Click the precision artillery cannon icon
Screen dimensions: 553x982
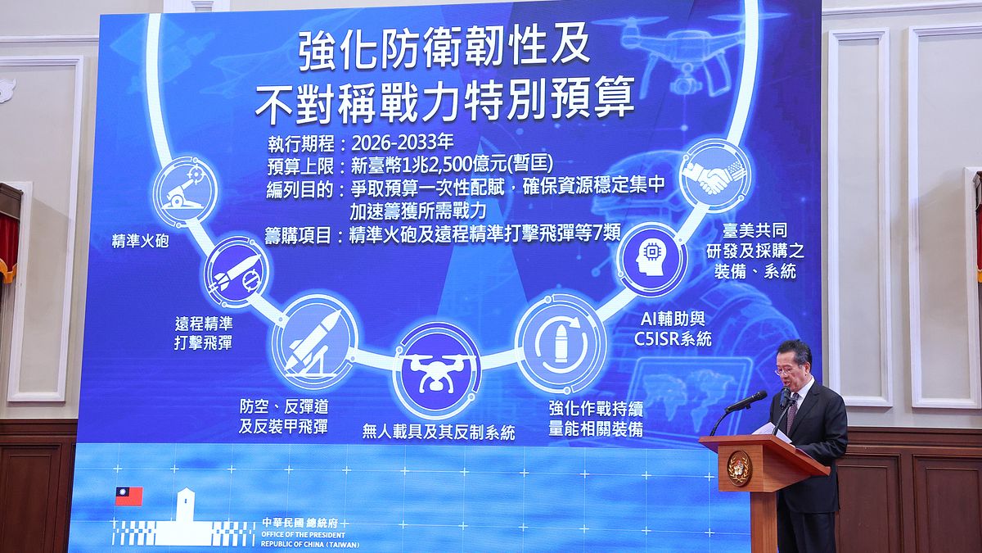click(x=185, y=191)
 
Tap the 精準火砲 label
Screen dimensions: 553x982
click(x=141, y=242)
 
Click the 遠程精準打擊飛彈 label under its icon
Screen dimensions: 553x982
click(x=204, y=333)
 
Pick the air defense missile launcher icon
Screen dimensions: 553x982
click(x=314, y=341)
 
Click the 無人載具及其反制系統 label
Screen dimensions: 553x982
click(x=439, y=432)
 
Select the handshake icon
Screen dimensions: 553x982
click(x=714, y=175)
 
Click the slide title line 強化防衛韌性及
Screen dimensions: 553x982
click(x=444, y=49)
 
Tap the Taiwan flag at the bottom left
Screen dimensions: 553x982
click(x=128, y=496)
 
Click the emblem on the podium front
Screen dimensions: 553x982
click(x=739, y=468)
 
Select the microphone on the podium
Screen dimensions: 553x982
click(x=746, y=401)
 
